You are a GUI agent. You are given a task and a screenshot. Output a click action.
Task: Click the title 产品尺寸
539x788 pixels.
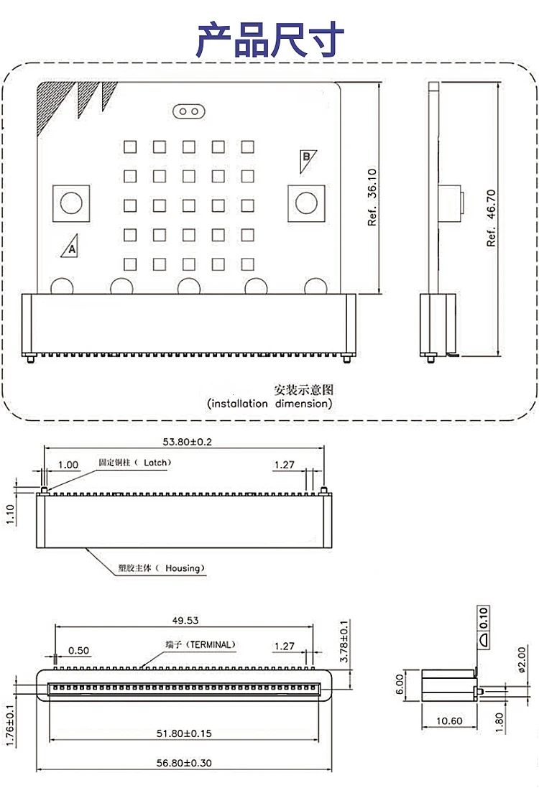[x=270, y=40]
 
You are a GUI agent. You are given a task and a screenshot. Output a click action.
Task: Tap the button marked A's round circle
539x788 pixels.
[x=71, y=203]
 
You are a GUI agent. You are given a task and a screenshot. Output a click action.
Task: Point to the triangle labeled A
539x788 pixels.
[x=70, y=246]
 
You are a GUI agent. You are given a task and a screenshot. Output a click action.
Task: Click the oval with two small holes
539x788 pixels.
[x=189, y=111]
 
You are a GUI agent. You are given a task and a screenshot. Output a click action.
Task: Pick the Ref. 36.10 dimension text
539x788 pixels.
[x=372, y=197]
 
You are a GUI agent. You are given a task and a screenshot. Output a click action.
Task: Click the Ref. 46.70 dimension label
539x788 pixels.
[x=492, y=218]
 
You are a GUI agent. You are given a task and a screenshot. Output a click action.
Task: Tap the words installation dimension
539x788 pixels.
[x=269, y=404]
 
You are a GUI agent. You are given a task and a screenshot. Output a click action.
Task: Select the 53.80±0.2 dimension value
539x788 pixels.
[x=187, y=442]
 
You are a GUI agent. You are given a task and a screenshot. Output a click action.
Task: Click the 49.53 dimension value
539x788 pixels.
[x=185, y=621]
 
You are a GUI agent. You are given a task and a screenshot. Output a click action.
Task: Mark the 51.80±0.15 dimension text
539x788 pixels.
[x=184, y=733]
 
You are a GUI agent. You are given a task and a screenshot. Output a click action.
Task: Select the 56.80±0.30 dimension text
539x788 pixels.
[x=184, y=763]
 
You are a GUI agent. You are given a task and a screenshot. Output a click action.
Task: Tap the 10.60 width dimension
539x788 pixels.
[x=449, y=721]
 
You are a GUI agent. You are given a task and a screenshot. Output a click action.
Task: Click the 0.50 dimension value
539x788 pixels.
[x=79, y=651]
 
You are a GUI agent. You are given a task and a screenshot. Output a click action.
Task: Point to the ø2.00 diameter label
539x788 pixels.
[x=522, y=659]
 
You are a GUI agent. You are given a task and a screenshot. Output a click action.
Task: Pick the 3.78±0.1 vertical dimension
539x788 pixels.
[x=344, y=641]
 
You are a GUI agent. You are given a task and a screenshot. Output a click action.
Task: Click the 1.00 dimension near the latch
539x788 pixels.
[x=68, y=465]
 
